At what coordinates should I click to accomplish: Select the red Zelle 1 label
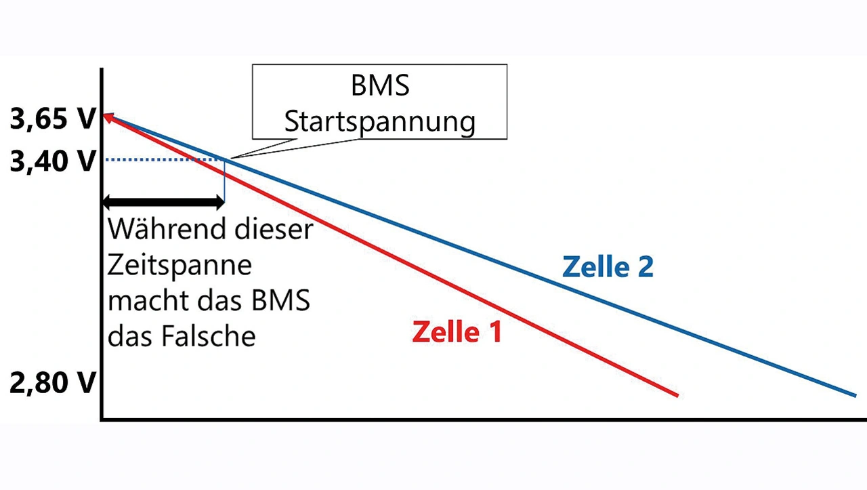click(x=457, y=332)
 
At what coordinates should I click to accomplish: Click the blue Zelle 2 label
click(x=608, y=267)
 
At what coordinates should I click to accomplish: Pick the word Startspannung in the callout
click(x=379, y=123)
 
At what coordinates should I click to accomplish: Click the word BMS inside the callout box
click(x=380, y=87)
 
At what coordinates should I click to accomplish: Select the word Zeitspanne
click(x=179, y=264)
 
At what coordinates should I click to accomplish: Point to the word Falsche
click(x=207, y=336)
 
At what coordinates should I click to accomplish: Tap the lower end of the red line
click(x=675, y=394)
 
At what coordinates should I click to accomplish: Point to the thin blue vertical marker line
click(x=224, y=180)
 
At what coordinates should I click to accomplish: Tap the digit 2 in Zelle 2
click(x=644, y=267)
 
